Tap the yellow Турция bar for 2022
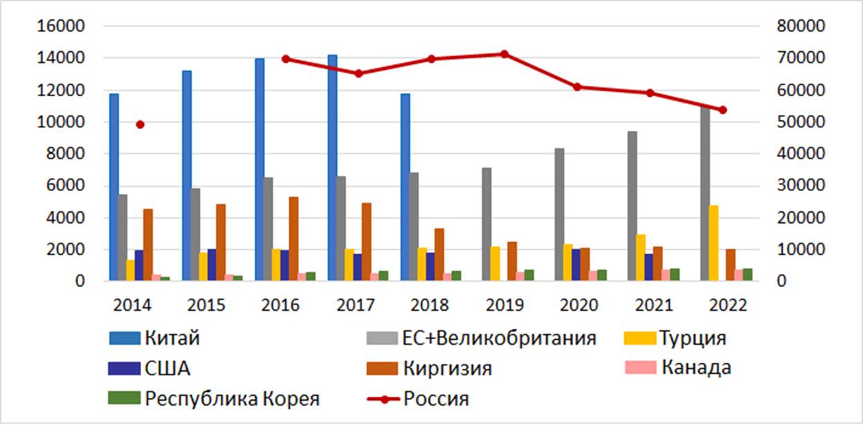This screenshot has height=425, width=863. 714,243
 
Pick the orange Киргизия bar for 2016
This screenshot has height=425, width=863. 294,239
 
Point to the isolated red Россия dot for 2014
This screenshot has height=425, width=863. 140,125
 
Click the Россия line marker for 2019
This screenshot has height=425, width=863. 504,54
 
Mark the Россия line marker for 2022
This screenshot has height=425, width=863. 723,110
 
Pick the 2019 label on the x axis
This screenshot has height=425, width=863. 504,305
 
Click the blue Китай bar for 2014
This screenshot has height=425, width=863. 114,187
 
